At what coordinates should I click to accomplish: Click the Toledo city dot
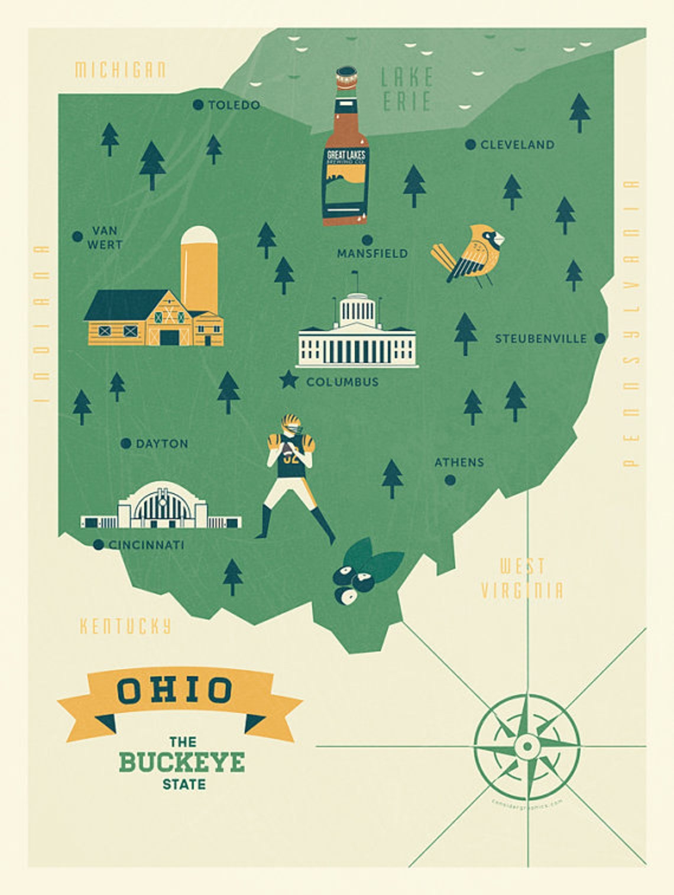(x=198, y=105)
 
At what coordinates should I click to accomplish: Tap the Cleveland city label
(x=517, y=145)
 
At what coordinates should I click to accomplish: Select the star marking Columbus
(x=289, y=380)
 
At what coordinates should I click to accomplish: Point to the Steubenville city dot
(x=600, y=339)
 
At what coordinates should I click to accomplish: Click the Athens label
(x=459, y=462)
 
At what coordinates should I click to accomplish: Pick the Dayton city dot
(x=125, y=443)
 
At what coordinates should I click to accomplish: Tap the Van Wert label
(x=105, y=238)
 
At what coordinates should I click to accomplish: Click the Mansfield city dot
(x=367, y=240)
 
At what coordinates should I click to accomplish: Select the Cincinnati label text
(x=147, y=545)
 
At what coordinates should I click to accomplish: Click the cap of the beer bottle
(x=346, y=77)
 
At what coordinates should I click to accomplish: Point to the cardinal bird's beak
(x=500, y=239)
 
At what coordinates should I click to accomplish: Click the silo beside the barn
(x=199, y=266)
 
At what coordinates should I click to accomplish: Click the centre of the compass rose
(x=527, y=745)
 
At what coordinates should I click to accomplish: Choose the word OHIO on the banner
(x=175, y=690)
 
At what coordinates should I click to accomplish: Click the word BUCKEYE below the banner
(x=182, y=763)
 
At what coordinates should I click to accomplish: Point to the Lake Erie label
(x=407, y=89)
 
